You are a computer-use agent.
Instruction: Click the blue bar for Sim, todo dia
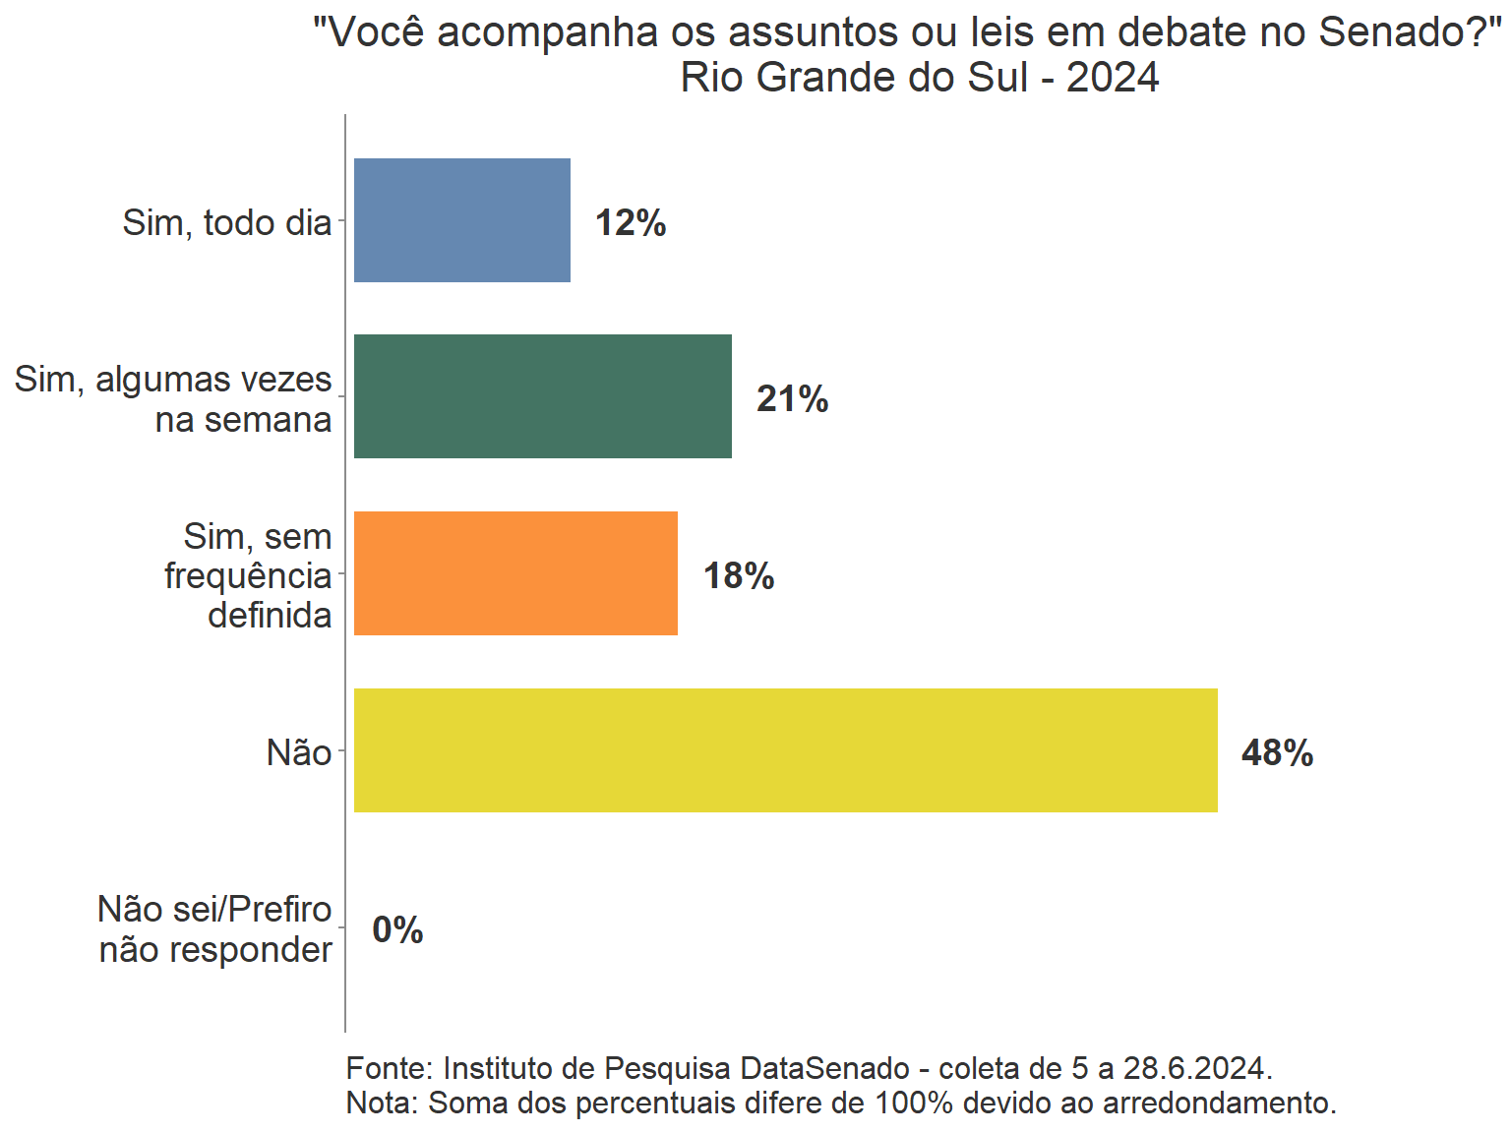461,220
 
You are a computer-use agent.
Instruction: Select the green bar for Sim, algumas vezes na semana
542,396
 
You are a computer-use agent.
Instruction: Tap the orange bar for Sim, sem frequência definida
515,573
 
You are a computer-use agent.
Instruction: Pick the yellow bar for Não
785,750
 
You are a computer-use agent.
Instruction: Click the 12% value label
631,223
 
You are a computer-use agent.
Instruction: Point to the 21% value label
792,399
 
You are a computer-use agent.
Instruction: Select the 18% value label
738,576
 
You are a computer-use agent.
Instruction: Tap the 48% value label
1277,753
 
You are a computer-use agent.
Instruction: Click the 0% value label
397,929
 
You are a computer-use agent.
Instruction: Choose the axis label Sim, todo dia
227,223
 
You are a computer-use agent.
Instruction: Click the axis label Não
299,753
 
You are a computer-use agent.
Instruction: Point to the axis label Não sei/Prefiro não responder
215,929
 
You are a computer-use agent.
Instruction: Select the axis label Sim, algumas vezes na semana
173,399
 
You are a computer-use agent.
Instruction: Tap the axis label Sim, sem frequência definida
248,576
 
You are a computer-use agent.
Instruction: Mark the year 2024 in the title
1113,78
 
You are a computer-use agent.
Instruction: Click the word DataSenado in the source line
824,1068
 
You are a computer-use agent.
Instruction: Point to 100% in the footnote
914,1103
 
